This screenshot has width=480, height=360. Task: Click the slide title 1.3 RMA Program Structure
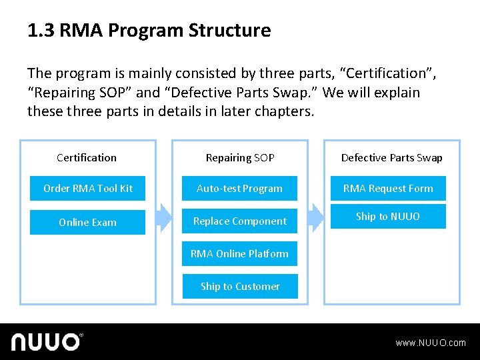(149, 31)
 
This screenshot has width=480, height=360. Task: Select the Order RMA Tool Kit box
(88, 189)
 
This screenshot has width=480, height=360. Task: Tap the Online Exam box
(88, 223)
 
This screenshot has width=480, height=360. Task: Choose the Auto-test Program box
(239, 189)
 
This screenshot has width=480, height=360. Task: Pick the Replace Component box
(239, 221)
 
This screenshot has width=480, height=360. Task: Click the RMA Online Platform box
(239, 254)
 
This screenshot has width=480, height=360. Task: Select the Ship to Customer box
(239, 287)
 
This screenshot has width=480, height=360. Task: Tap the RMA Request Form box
(388, 189)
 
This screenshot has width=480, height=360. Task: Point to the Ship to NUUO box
(388, 217)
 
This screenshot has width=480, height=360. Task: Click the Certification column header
(87, 158)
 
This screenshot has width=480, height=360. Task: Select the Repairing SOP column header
(240, 158)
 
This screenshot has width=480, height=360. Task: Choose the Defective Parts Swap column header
(391, 158)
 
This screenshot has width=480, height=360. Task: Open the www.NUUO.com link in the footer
(431, 343)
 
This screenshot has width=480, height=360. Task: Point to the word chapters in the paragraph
(284, 111)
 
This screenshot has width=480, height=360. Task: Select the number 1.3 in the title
(41, 31)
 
